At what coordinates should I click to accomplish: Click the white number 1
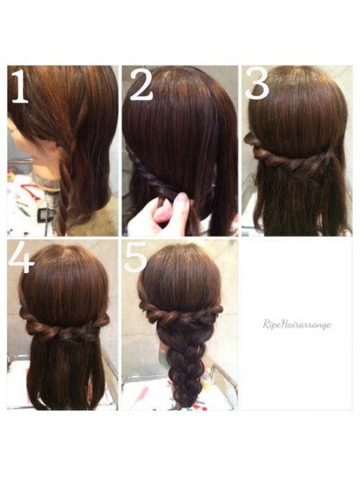point(19,87)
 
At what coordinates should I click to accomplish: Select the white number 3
point(257,84)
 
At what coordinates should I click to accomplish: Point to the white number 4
point(21,257)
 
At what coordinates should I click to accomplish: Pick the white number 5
point(136,256)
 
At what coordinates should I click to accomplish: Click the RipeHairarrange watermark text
point(297,324)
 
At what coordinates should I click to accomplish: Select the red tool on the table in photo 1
point(30,191)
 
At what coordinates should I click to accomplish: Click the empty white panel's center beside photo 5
point(297,324)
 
